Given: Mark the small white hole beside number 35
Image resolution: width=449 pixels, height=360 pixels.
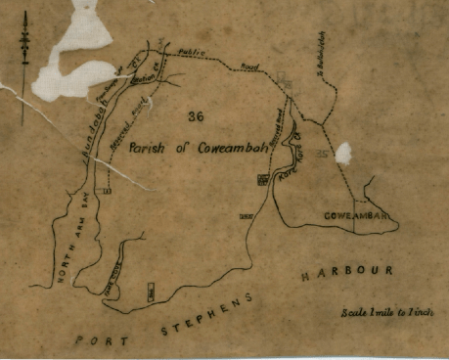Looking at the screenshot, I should (343, 153).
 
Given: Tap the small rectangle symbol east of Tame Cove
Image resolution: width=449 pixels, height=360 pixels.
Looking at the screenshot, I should (151, 291).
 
